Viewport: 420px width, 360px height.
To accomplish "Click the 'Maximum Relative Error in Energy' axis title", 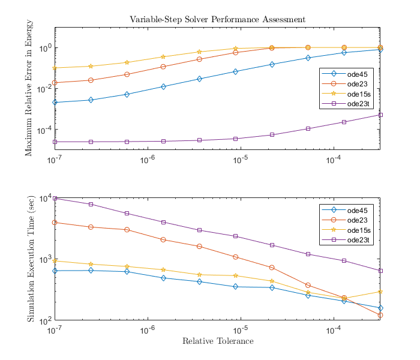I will click(29, 88).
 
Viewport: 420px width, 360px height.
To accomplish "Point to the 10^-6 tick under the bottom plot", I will click(148, 329).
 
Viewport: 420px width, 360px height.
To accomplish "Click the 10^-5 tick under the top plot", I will click(241, 158).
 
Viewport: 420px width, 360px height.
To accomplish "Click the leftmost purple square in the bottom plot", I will click(55, 198).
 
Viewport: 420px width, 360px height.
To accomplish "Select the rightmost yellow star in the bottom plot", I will click(380, 292).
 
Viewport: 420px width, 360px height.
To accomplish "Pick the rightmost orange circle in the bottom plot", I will click(380, 315).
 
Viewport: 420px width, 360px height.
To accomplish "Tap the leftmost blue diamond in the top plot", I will click(55, 102).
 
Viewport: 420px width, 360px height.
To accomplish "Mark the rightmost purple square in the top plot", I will click(380, 115).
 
